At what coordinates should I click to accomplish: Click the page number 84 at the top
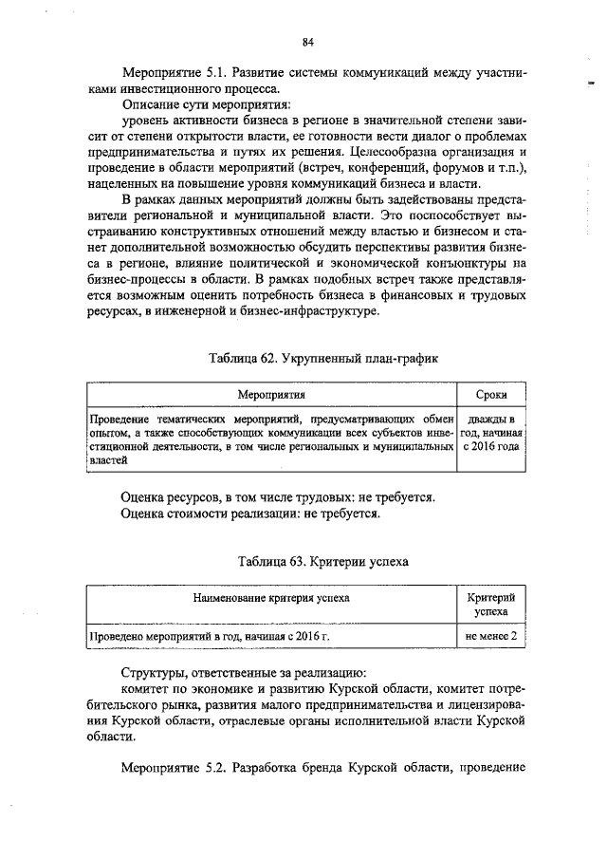pyautogui.click(x=308, y=41)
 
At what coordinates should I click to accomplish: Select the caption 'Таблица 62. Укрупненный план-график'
pyautogui.click(x=309, y=357)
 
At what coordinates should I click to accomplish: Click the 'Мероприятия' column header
pyautogui.click(x=270, y=393)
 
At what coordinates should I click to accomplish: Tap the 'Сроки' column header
pyautogui.click(x=492, y=393)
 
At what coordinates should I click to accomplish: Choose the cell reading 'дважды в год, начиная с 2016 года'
pyautogui.click(x=492, y=432)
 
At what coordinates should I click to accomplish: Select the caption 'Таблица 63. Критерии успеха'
pyautogui.click(x=309, y=561)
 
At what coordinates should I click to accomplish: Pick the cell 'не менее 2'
pyautogui.click(x=492, y=636)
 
